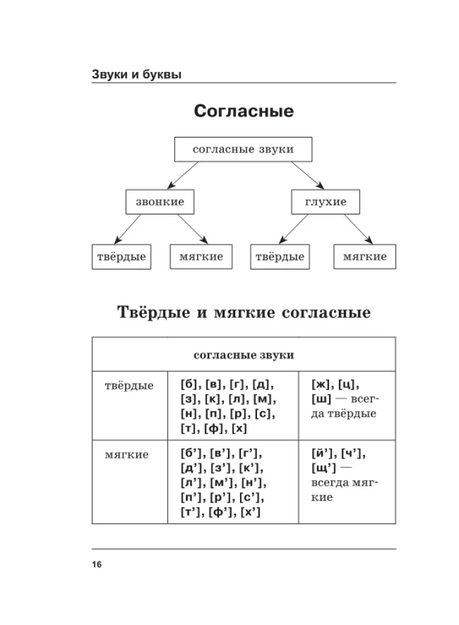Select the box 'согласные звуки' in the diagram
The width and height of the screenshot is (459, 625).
pyautogui.click(x=243, y=150)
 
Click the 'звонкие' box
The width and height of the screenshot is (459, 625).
pyautogui.click(x=159, y=202)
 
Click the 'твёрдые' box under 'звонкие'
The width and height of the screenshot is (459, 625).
pyautogui.click(x=121, y=256)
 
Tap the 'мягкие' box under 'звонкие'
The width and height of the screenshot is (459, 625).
pyautogui.click(x=201, y=256)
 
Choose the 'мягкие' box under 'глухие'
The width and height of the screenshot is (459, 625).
pyautogui.click(x=365, y=256)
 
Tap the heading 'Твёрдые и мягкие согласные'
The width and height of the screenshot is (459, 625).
pyautogui.click(x=243, y=312)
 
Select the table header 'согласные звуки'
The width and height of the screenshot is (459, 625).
pyautogui.click(x=243, y=355)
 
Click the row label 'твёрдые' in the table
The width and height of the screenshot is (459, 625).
pyautogui.click(x=129, y=386)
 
